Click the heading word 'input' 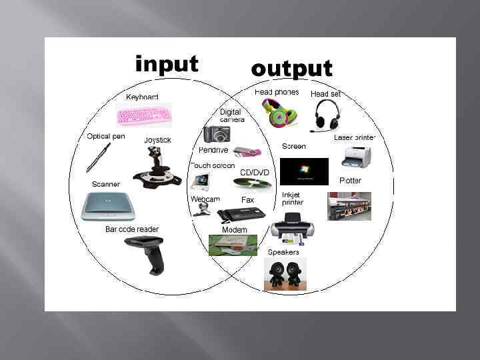click(x=167, y=64)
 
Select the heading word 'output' click(x=291, y=68)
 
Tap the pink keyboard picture click(x=143, y=115)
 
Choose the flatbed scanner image click(x=108, y=206)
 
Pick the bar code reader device click(x=145, y=253)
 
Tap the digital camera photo click(x=217, y=134)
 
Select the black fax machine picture click(x=241, y=214)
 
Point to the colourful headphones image click(x=275, y=113)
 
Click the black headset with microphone click(x=327, y=115)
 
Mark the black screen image click(x=304, y=171)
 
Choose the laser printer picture click(x=356, y=157)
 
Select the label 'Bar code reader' click(x=132, y=229)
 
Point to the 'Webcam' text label click(x=205, y=199)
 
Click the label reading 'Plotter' click(x=350, y=181)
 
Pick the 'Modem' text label click(x=234, y=230)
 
